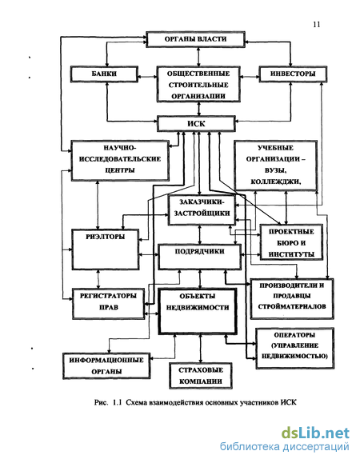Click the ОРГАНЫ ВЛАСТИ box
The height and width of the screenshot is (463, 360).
click(195, 39)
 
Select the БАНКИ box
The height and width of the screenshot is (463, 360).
click(104, 74)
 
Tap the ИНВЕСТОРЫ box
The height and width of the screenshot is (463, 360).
click(293, 74)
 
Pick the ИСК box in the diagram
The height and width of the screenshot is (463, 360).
click(196, 124)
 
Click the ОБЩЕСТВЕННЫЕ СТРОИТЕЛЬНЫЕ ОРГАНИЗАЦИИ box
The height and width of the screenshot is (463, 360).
click(198, 85)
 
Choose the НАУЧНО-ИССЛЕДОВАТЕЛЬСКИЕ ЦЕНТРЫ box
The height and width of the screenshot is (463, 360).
click(120, 161)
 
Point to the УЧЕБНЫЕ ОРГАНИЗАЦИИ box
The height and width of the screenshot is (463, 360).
click(275, 166)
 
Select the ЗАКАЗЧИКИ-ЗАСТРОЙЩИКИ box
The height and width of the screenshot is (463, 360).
click(202, 210)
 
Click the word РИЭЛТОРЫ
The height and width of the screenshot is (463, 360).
click(106, 237)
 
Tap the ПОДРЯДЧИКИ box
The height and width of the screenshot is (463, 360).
click(200, 257)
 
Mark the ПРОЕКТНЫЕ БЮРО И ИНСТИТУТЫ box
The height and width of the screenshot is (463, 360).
click(291, 242)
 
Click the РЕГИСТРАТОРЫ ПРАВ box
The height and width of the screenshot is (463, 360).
click(108, 304)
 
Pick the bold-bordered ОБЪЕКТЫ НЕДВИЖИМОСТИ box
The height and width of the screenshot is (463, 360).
click(198, 311)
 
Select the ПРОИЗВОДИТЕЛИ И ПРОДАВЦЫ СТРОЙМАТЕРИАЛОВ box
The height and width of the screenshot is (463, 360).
click(292, 299)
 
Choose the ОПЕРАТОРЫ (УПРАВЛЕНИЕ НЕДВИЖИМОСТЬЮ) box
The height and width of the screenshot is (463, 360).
click(294, 348)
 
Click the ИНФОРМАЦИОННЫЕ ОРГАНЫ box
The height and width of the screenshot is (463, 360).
click(106, 365)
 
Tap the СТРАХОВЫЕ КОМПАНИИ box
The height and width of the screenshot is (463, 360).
click(201, 376)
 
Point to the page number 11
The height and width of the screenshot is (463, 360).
click(317, 25)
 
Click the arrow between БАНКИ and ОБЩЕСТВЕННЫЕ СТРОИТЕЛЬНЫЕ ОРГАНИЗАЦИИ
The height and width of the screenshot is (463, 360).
click(148, 77)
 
